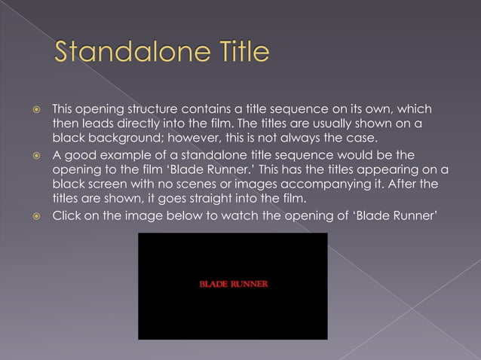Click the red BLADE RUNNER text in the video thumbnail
point(233,285)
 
